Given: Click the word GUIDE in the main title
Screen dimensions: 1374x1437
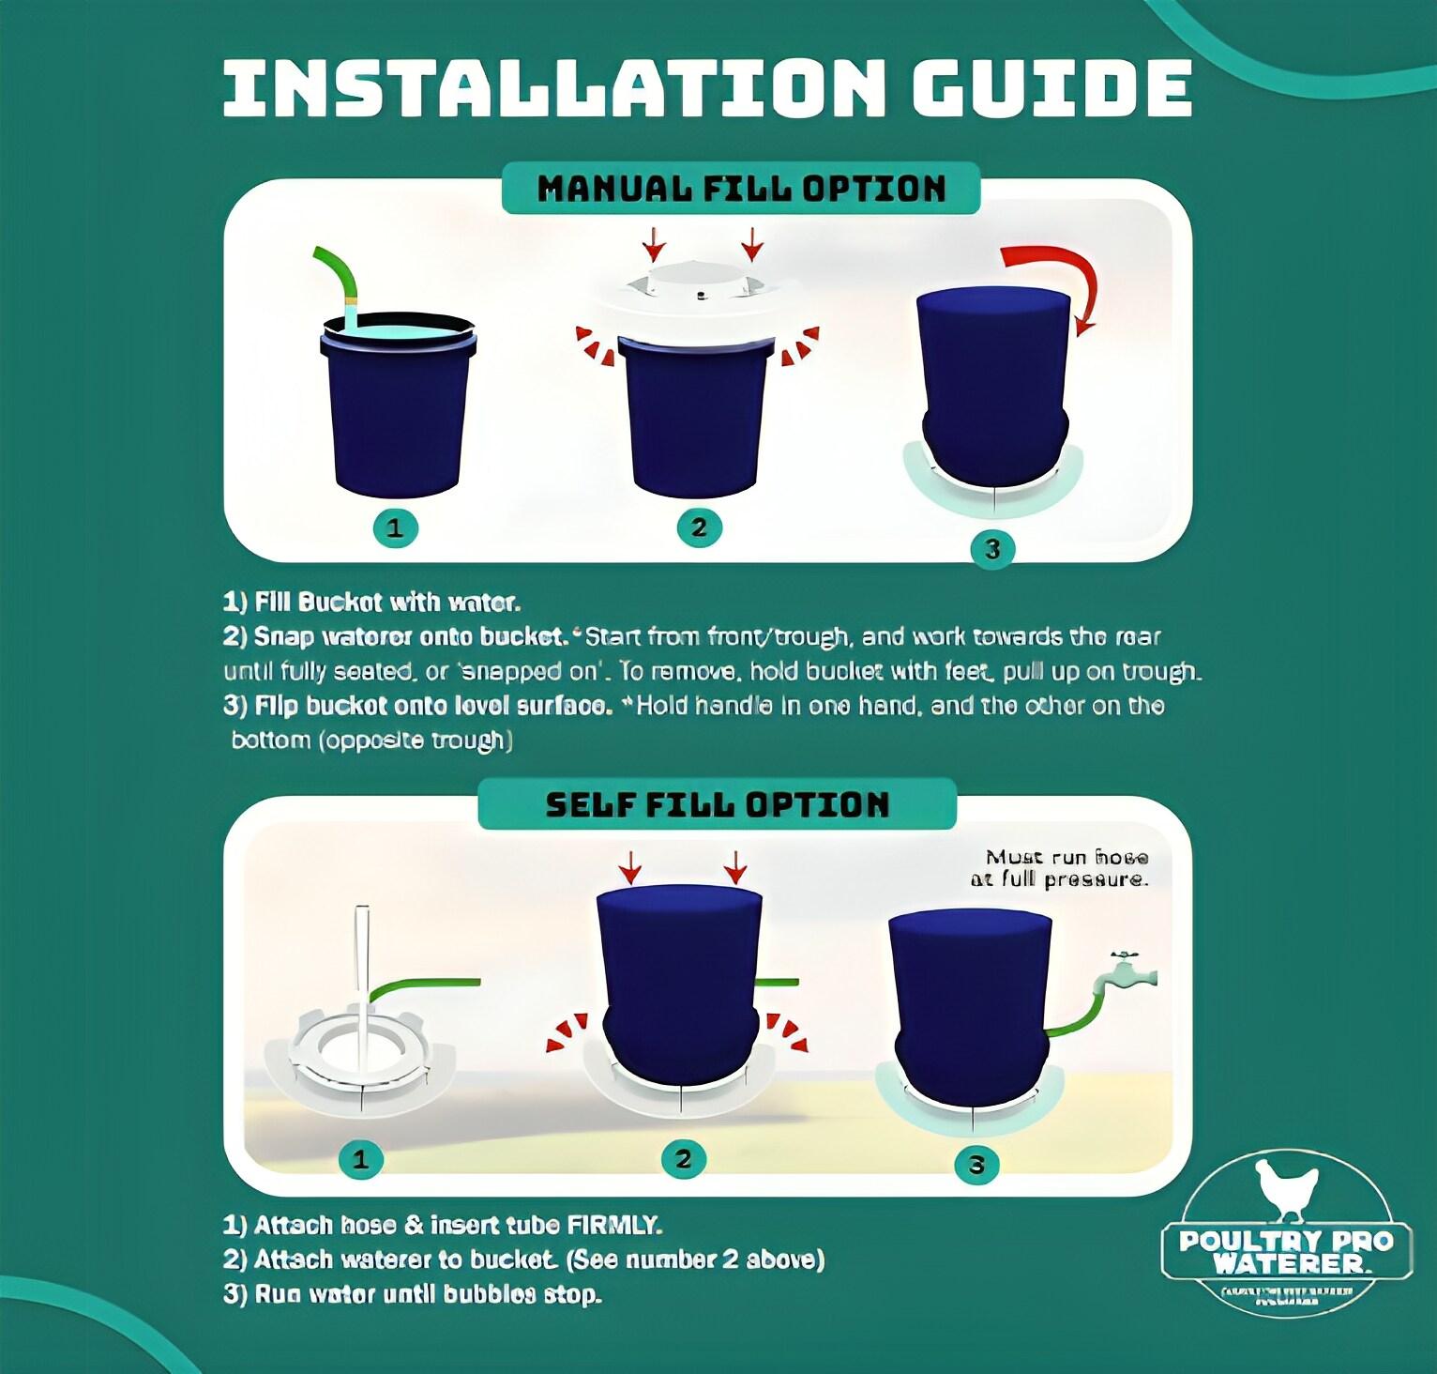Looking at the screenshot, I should (1051, 87).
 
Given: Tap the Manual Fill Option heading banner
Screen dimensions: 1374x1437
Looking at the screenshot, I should (741, 189).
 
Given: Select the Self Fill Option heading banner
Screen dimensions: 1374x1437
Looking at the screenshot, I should (717, 804).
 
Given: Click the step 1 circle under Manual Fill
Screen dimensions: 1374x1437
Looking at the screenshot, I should (394, 527).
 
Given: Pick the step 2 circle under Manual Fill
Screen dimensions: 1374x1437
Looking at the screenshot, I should (698, 527).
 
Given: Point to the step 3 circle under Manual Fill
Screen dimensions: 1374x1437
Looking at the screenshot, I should (992, 548).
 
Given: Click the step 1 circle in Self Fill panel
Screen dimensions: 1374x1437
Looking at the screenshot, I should (359, 1160).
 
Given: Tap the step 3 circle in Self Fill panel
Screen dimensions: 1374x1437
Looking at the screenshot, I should (976, 1165).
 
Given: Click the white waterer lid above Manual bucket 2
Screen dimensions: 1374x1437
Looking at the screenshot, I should (699, 286).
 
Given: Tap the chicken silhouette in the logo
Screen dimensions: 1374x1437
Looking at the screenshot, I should (1286, 1189).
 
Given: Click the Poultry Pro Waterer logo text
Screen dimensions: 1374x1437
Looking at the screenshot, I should (1286, 1251).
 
